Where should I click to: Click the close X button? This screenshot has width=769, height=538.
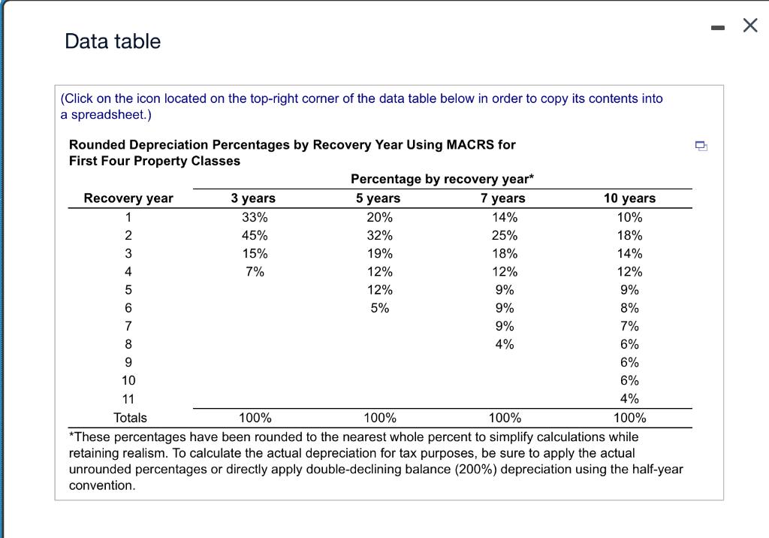click(x=749, y=26)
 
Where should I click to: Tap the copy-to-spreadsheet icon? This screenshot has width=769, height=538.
click(x=700, y=146)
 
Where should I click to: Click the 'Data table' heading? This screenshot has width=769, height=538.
click(x=113, y=41)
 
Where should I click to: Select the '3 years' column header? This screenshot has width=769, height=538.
click(x=253, y=198)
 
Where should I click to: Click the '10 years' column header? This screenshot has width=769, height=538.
click(x=629, y=198)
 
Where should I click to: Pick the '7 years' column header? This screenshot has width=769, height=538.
click(x=503, y=198)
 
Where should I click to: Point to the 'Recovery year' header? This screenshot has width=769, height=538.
click(x=128, y=198)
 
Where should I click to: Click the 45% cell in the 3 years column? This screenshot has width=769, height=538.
click(x=255, y=235)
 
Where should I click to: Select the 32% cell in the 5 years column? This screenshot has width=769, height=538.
click(x=379, y=235)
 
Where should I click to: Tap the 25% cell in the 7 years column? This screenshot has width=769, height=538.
click(x=504, y=235)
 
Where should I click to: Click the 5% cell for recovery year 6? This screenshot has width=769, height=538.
click(x=379, y=308)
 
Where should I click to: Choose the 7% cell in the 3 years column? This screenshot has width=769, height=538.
click(x=255, y=272)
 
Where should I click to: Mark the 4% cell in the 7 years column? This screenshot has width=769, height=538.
click(x=505, y=344)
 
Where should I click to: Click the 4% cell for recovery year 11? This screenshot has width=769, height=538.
click(x=629, y=399)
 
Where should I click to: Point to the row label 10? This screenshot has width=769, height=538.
click(x=128, y=381)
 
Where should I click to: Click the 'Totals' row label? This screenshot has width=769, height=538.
click(x=130, y=418)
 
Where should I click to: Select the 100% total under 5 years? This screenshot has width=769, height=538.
click(x=379, y=418)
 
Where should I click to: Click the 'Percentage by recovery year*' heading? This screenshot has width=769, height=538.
click(x=442, y=179)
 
